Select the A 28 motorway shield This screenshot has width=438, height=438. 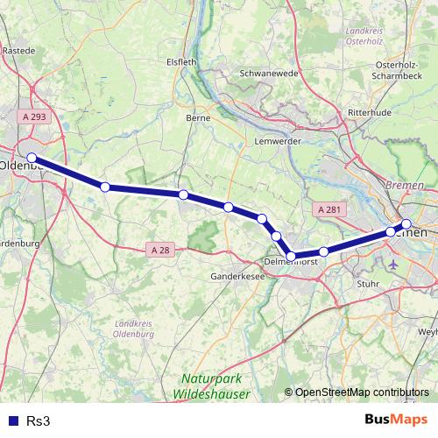[x=160, y=250]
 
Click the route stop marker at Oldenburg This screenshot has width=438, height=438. [x=32, y=158]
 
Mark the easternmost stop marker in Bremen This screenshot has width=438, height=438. [x=406, y=223]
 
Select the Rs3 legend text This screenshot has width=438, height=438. [x=38, y=420]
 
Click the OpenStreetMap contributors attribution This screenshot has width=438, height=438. [x=362, y=392]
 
